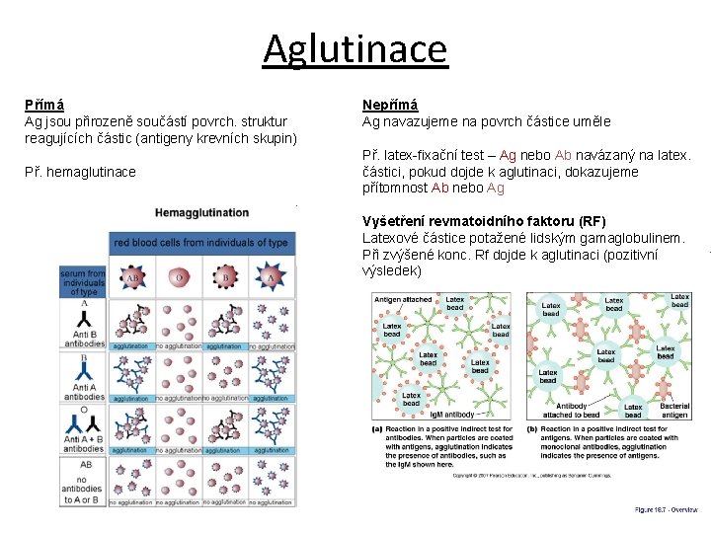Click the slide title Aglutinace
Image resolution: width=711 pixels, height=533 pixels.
(355, 47)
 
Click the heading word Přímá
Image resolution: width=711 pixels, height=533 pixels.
(45, 105)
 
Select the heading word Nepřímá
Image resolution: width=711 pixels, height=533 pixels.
(390, 105)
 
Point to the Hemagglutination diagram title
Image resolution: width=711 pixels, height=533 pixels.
(201, 212)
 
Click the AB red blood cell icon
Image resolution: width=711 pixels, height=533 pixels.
(132, 278)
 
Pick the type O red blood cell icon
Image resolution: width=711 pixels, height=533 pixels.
(179, 278)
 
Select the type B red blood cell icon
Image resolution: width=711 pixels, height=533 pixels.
(225, 278)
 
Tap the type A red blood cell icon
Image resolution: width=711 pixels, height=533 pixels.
(272, 278)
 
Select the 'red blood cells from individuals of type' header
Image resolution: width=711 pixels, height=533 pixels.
(201, 242)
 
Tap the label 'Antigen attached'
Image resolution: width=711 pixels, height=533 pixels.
(403, 299)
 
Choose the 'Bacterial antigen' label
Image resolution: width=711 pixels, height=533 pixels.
(674, 411)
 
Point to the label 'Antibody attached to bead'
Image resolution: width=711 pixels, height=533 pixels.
(577, 411)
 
